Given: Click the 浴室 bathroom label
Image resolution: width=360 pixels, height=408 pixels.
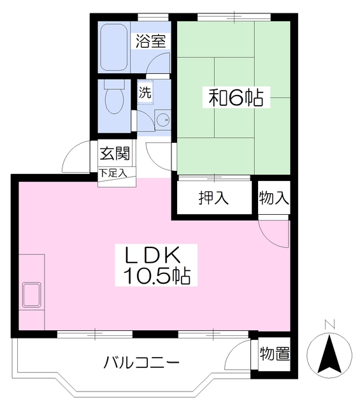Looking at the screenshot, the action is (151, 41).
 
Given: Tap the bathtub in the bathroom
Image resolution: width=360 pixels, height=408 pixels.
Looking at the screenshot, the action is (114, 47).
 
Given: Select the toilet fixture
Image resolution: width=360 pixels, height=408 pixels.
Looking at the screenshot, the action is (114, 97).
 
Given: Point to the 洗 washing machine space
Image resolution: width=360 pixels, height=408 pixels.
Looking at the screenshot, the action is (145, 92).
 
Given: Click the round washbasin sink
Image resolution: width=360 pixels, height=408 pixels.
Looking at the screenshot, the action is (162, 120).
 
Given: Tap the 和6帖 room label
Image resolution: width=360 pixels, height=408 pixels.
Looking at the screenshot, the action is (236, 98).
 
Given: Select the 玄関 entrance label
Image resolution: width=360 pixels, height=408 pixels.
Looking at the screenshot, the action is (115, 153).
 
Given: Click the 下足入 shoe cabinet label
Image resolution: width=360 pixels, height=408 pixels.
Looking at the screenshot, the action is (113, 173).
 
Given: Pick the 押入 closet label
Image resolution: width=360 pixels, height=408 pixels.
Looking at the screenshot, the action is (213, 198).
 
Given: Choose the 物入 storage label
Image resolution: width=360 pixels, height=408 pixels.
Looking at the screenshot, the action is (274, 198).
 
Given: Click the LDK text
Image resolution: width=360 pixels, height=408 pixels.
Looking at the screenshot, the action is (153, 255).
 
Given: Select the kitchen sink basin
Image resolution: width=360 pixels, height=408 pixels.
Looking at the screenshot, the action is (32, 295).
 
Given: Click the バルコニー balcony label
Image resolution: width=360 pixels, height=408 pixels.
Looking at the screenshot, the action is (141, 363).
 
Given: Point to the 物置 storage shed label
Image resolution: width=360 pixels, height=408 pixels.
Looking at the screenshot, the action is (275, 354).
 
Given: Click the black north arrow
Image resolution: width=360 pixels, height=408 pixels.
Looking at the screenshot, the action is (329, 354).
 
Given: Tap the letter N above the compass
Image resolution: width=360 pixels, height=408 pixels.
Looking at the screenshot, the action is (329, 324).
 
